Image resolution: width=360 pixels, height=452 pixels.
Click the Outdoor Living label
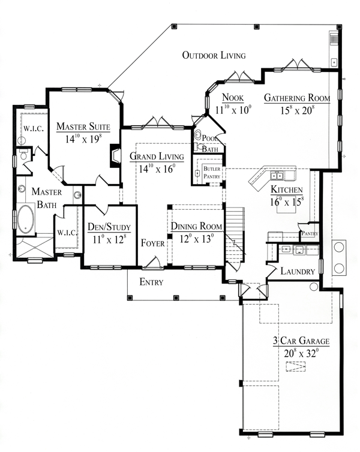point(214,56)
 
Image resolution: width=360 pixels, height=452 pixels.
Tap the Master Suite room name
point(83,126)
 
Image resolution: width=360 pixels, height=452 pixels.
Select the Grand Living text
point(153,156)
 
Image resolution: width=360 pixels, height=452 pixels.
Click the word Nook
point(233,98)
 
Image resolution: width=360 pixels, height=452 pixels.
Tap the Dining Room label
point(197,227)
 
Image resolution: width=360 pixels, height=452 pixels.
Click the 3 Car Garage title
point(302,341)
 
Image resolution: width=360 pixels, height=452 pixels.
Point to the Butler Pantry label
point(212,173)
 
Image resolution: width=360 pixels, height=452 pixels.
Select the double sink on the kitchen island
point(277,176)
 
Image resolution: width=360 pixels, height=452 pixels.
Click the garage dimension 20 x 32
point(302,353)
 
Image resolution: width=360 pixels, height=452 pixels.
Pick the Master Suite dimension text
point(83,138)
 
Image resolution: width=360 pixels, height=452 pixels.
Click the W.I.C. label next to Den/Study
point(66,233)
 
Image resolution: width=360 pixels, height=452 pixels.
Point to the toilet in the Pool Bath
point(198,136)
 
